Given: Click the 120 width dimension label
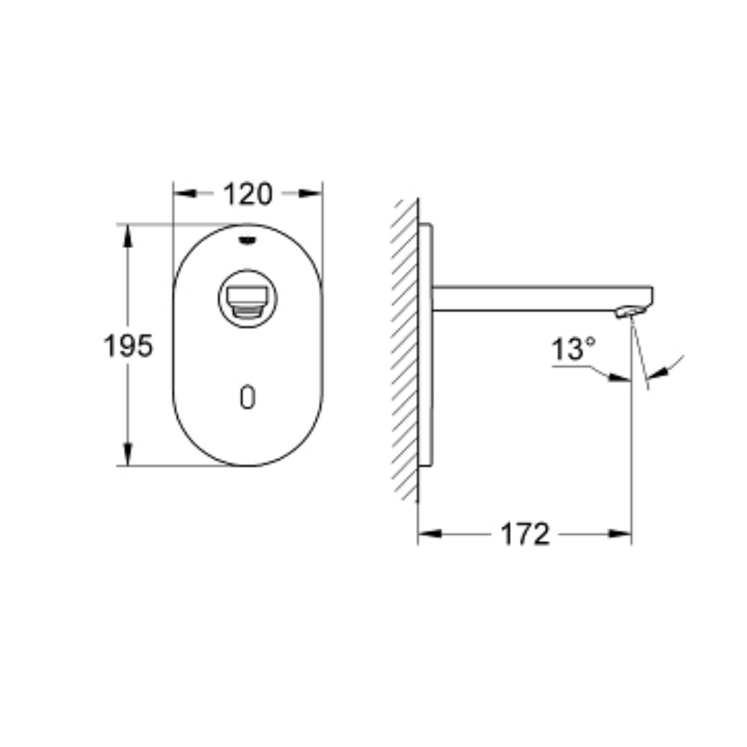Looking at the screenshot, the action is click(x=248, y=194).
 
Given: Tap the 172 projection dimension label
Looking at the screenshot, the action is click(x=525, y=534).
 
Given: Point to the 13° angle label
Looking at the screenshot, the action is click(x=573, y=349).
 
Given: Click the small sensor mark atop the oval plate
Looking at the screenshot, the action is click(x=247, y=240).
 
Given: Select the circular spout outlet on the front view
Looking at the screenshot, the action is click(x=248, y=298).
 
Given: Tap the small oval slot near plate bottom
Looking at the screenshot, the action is click(x=248, y=397).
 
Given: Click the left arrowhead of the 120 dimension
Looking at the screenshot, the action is click(x=185, y=193).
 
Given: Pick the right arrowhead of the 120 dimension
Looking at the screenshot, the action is click(x=311, y=193).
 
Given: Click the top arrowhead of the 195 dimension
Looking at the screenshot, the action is click(x=127, y=236).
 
